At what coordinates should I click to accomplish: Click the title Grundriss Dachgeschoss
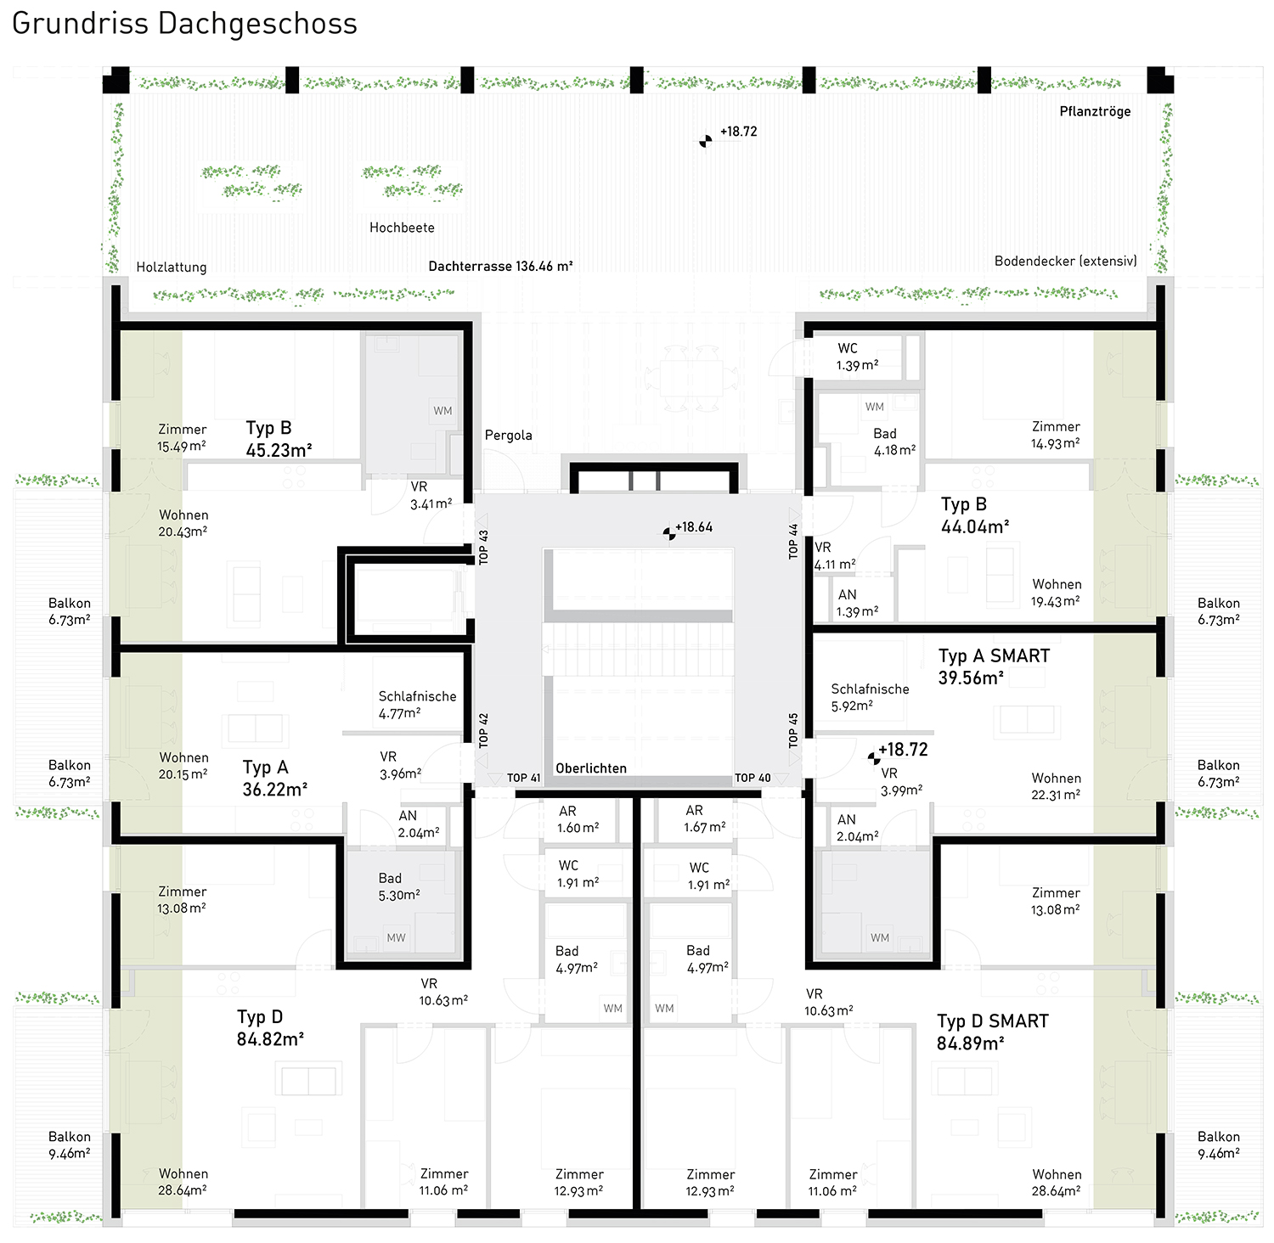(184, 24)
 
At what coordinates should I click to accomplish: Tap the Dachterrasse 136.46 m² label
(500, 266)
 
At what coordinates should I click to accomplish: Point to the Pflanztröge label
(1095, 111)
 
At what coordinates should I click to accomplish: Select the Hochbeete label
(402, 228)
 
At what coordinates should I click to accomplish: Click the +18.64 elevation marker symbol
(669, 533)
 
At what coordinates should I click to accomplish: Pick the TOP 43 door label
(483, 548)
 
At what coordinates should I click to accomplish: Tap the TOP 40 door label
(753, 778)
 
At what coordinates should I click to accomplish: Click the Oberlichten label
(591, 768)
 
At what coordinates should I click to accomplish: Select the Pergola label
(509, 436)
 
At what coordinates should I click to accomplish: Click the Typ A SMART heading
(994, 655)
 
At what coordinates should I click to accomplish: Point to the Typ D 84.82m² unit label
(270, 1027)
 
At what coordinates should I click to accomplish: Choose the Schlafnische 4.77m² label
(417, 705)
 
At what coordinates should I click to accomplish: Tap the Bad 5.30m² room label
(399, 886)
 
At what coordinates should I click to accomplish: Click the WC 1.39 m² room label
(857, 357)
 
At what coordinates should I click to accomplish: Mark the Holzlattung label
(172, 267)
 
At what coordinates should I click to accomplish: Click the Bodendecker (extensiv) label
(1066, 261)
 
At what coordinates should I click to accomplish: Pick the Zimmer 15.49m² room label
(182, 437)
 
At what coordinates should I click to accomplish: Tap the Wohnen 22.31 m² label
(1057, 786)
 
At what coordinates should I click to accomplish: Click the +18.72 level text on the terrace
(738, 132)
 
